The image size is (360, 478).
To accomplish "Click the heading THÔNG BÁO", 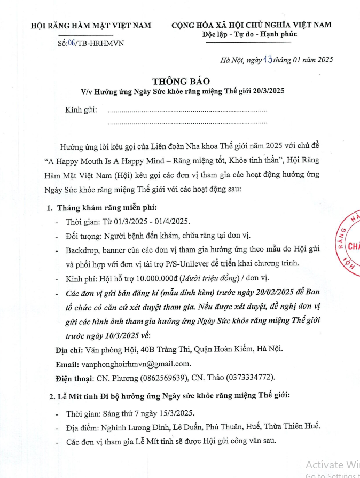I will (177, 81).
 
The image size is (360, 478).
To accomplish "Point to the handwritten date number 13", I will (268, 59).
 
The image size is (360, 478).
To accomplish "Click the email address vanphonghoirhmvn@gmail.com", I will (136, 364).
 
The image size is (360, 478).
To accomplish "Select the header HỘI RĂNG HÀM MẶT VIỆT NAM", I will (91, 25).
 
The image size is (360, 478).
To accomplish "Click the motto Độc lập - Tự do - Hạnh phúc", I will (250, 34).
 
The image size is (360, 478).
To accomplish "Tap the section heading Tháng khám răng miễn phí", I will (107, 208).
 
